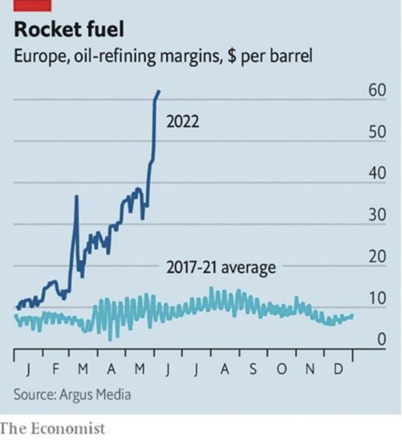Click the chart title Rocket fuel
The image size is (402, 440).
click(x=68, y=30)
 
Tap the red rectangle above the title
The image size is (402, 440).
click(x=33, y=5)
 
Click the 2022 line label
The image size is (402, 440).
click(x=183, y=121)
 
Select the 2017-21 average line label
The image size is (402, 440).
click(x=221, y=268)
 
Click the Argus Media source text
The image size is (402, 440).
click(x=95, y=394)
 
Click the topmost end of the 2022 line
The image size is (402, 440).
click(x=159, y=91)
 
